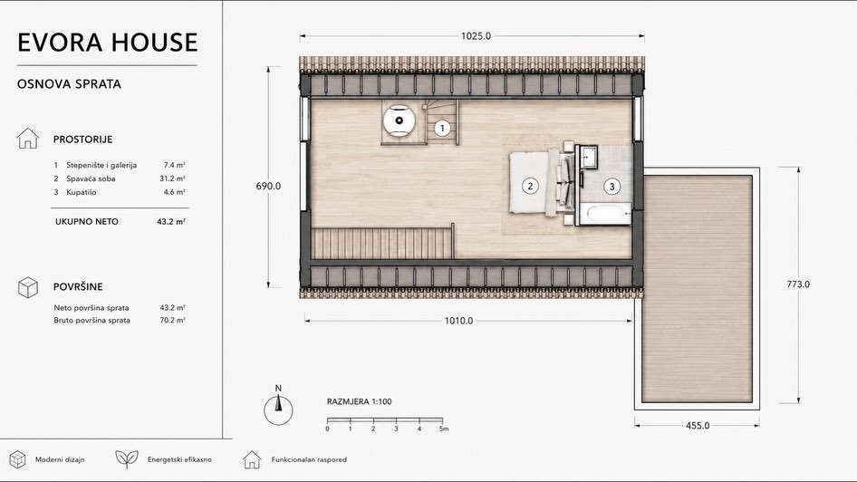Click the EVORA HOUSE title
[108, 43]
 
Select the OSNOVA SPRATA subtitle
[70, 84]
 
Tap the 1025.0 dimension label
[476, 36]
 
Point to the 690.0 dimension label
[268, 186]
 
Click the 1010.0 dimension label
[458, 321]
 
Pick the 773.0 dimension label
[798, 284]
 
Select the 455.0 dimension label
[698, 425]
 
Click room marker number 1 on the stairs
[442, 129]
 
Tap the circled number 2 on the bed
[530, 186]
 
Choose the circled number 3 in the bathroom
[612, 187]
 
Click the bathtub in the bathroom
[605, 214]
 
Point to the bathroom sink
[589, 156]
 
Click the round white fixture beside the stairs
[400, 120]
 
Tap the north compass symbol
[278, 407]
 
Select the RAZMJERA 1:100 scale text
[359, 401]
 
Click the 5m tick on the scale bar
[443, 429]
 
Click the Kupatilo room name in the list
[81, 192]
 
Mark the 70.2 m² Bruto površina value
[173, 320]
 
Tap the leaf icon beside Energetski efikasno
[127, 459]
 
